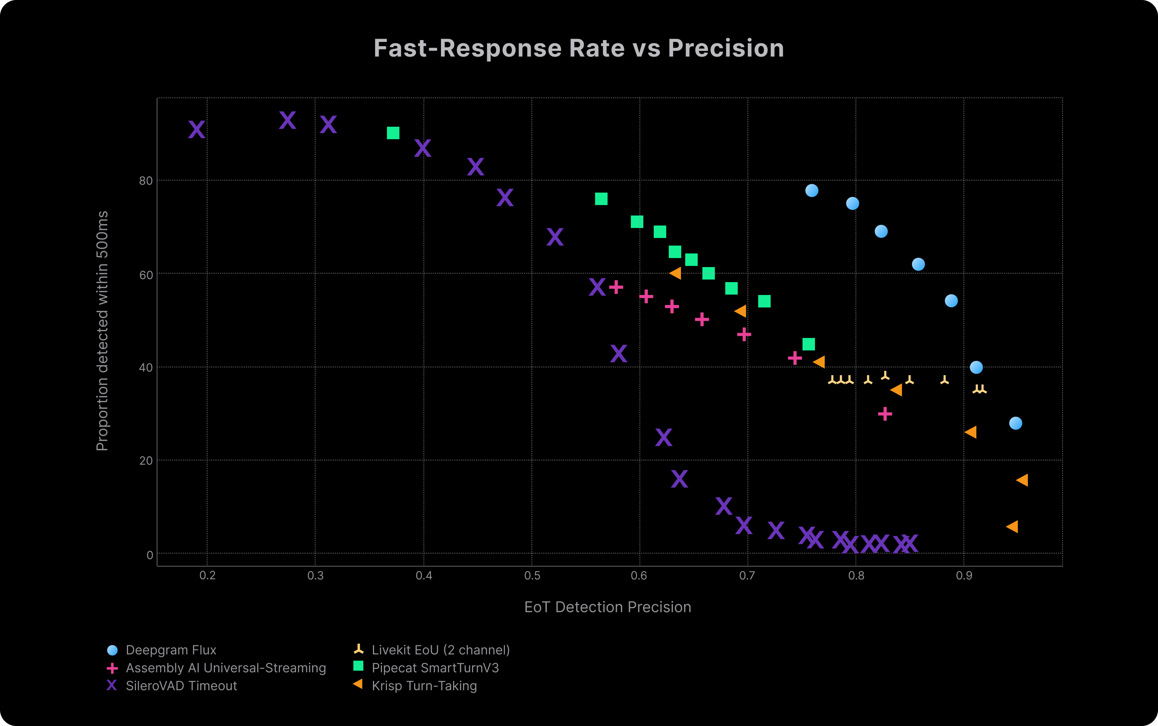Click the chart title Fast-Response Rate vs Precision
point(579,48)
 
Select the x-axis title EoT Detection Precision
point(607,607)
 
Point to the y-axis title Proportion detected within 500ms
point(102,331)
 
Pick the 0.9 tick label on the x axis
point(964,575)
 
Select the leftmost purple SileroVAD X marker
point(197,130)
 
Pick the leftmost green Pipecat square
point(393,133)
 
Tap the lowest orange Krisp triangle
point(1012,527)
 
